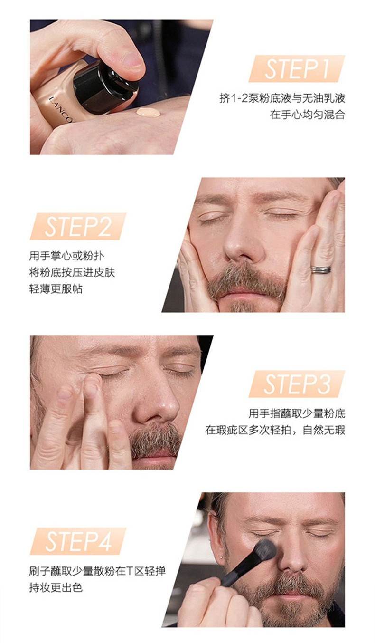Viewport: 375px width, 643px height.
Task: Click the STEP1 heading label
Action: coord(297,68)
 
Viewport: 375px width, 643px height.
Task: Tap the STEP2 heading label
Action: coord(78,226)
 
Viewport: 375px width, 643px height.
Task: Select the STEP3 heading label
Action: coord(297,384)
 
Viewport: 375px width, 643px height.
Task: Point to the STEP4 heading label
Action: coord(78,541)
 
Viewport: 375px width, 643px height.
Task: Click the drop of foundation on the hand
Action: coord(149,112)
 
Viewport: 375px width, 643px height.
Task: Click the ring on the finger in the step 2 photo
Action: coord(321,269)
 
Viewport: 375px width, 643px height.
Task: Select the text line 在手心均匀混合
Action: coord(307,115)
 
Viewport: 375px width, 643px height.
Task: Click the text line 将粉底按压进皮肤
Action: coord(72,272)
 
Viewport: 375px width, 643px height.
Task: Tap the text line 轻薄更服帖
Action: coord(56,289)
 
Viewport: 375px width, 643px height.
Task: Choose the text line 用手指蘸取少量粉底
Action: coord(297,413)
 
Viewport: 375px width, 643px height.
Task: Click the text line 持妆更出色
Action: coord(56,587)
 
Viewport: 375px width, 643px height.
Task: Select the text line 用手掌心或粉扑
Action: coord(66,256)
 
